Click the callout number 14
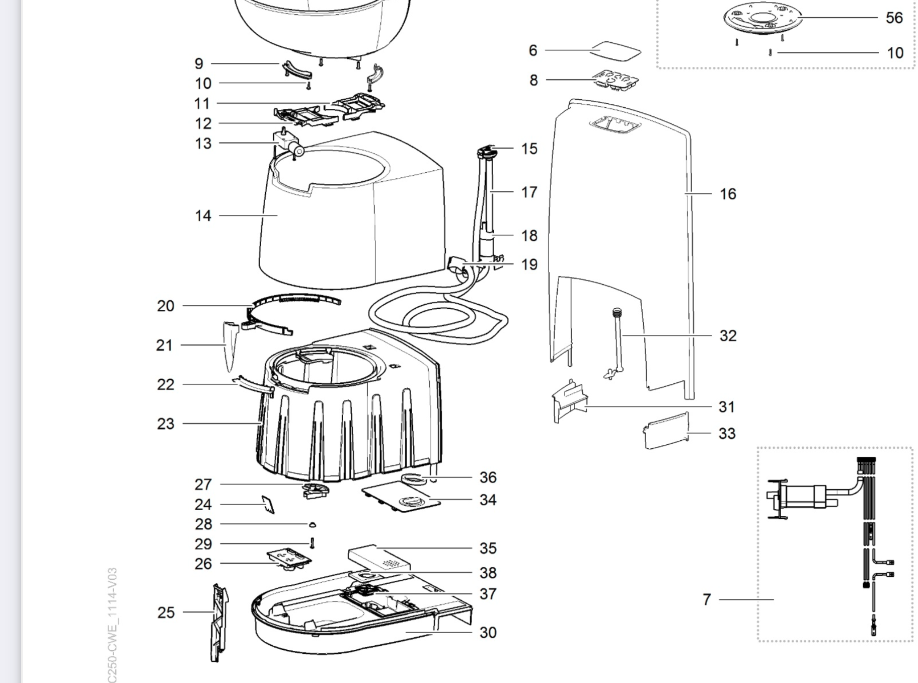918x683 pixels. coord(203,216)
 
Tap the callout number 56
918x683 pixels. coord(894,18)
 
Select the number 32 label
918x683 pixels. coord(728,335)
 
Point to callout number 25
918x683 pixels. coord(166,612)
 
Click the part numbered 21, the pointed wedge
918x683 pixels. coord(230,345)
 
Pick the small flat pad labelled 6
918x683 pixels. coord(616,51)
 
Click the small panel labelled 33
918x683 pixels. coord(666,431)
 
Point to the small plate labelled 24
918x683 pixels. coord(268,504)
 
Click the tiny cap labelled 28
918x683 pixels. coord(312,525)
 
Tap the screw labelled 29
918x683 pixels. coord(312,543)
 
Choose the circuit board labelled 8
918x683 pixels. coord(616,80)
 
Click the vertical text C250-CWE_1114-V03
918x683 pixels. coord(112,625)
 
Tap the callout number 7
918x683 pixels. coord(707,599)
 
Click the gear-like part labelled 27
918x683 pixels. coord(315,489)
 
